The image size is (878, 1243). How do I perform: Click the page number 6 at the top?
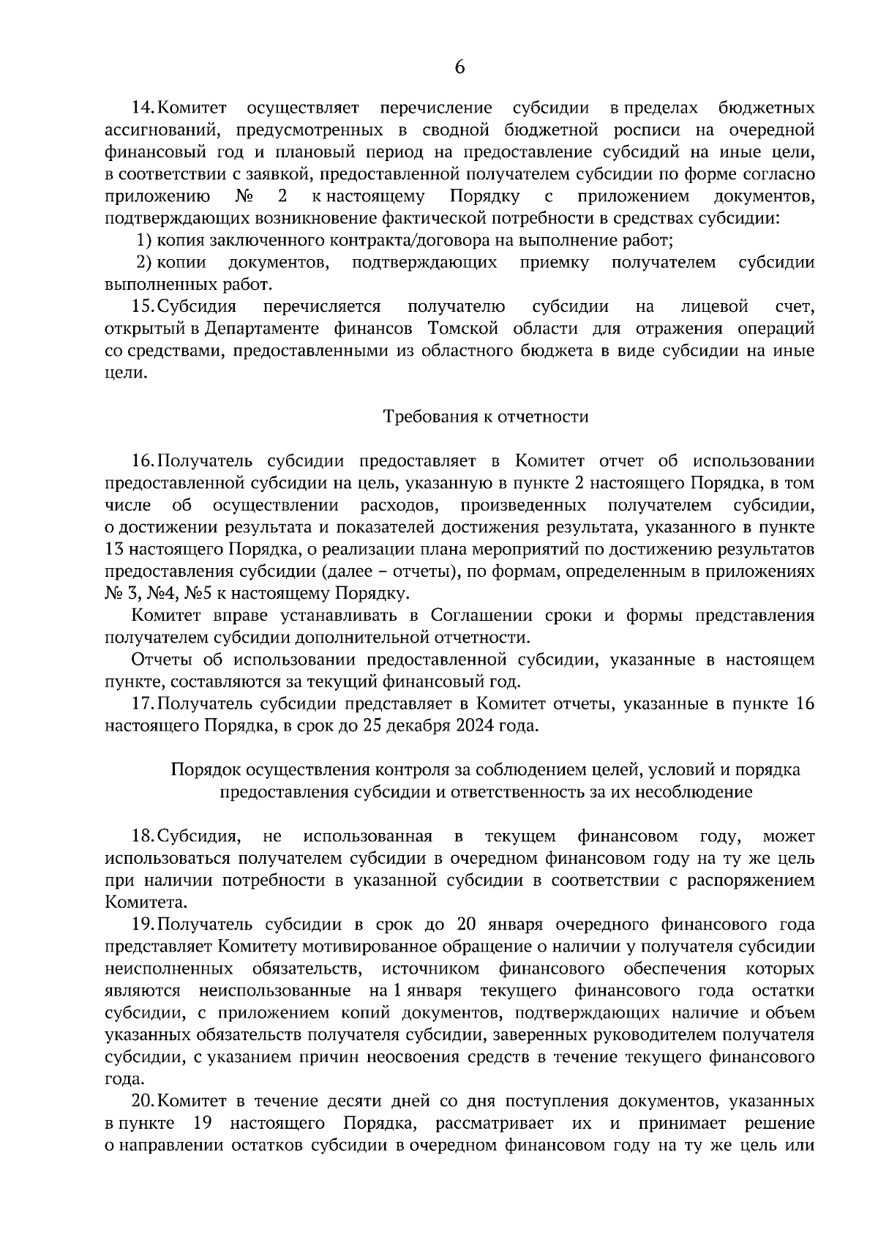pyautogui.click(x=459, y=67)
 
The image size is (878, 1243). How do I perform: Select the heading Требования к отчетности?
pyautogui.click(x=486, y=417)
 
